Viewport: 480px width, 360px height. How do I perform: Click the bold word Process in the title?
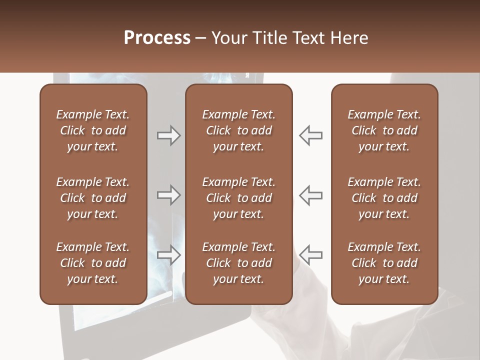pos(157,38)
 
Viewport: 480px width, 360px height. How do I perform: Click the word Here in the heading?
pos(350,38)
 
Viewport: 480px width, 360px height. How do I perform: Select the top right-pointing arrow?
pos(168,135)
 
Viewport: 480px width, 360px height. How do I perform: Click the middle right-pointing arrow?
pos(168,195)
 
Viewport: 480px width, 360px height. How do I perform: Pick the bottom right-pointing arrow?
pos(168,255)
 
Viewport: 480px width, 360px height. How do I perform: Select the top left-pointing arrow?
pos(310,135)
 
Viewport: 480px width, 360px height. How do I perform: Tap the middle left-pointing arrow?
pos(310,195)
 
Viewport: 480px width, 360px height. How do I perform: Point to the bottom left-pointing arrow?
pos(310,255)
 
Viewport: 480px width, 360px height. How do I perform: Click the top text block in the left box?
pos(93,130)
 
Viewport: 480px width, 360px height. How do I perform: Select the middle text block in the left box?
pos(93,198)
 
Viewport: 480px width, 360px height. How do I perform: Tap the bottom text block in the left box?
pos(93,263)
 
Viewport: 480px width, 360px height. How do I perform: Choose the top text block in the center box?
pos(238,130)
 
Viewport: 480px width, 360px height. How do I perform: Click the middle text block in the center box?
pos(238,198)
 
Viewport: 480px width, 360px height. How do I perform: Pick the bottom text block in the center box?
pos(238,263)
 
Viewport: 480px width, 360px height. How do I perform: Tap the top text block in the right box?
pos(384,130)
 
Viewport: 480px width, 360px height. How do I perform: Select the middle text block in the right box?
pos(384,198)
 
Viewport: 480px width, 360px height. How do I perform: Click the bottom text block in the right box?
pos(384,263)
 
